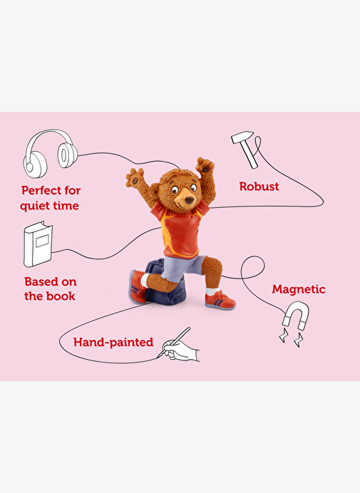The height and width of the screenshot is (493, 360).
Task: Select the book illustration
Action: pyautogui.click(x=38, y=244)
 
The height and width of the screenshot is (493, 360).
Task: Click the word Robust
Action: pyautogui.click(x=259, y=187)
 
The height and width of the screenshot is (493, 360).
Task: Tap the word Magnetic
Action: pyautogui.click(x=299, y=289)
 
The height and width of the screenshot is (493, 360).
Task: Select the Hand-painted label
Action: pyautogui.click(x=113, y=342)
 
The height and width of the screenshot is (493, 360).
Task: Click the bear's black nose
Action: pyautogui.click(x=190, y=200)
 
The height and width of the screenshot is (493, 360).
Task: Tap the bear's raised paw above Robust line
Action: pyautogui.click(x=205, y=166)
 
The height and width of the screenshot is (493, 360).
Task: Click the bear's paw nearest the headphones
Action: pyautogui.click(x=135, y=177)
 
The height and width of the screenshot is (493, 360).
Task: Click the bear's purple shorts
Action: pyautogui.click(x=183, y=268)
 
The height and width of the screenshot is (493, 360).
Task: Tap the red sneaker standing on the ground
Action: pyautogui.click(x=220, y=300)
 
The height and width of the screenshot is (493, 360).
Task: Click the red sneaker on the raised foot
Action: pyautogui.click(x=138, y=286)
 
